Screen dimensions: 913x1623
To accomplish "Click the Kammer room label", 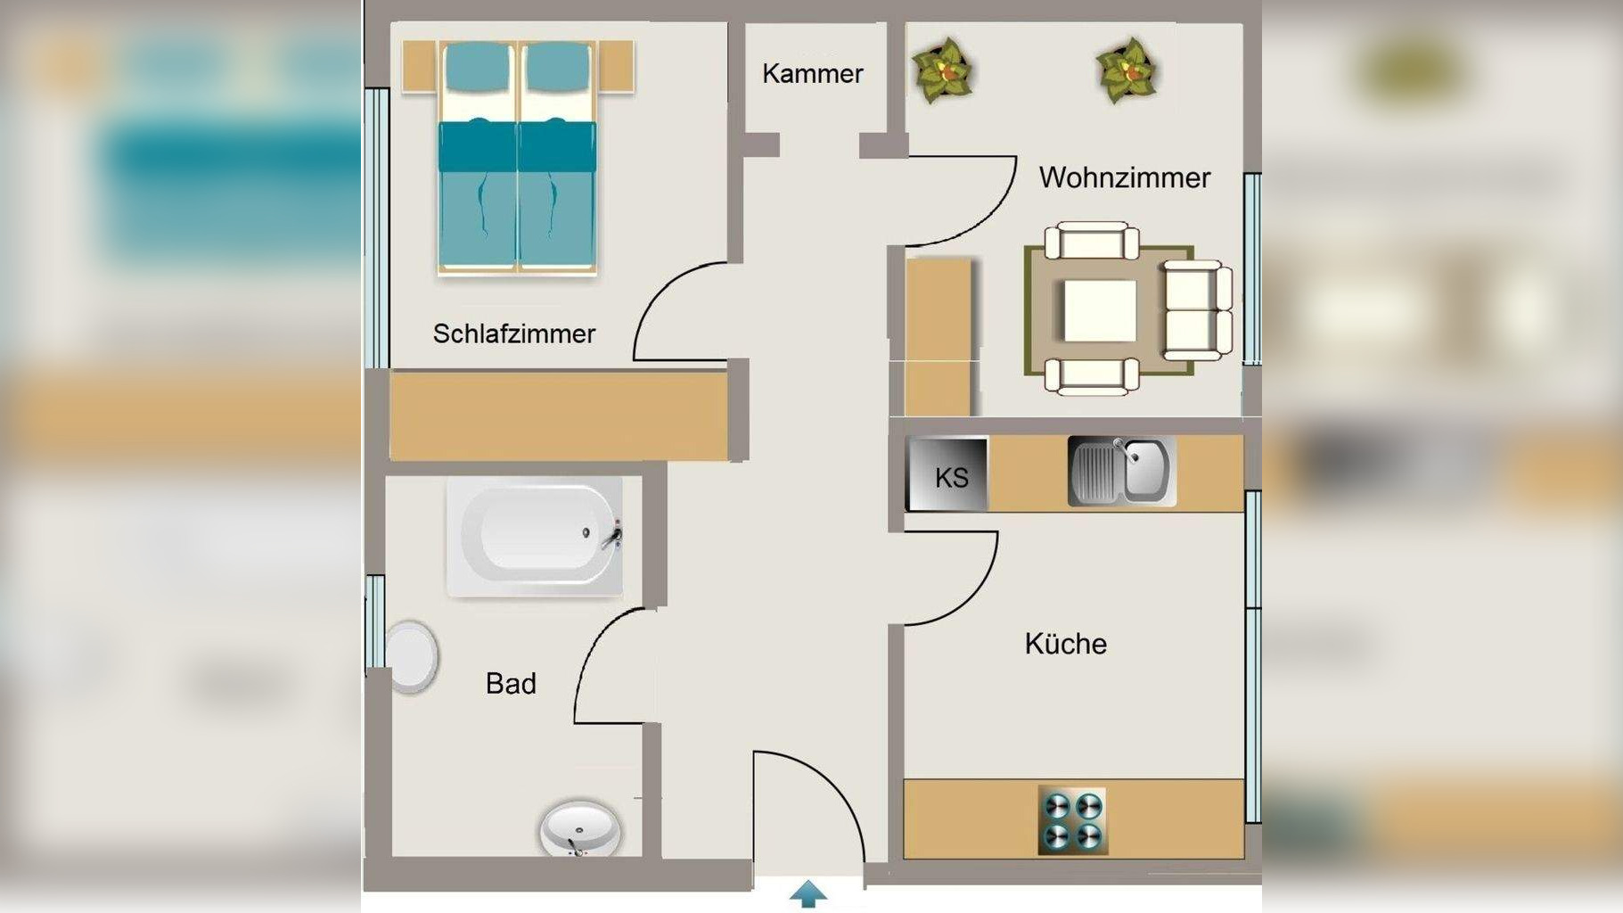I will click(812, 73).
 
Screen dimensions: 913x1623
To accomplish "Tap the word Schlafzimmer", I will click(513, 333).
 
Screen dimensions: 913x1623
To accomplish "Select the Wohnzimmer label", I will click(1124, 177).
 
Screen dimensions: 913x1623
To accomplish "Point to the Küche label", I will click(1065, 644).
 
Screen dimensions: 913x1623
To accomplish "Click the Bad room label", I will click(511, 684).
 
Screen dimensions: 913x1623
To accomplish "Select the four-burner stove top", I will click(1073, 820).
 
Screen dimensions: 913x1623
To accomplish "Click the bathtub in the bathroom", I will click(535, 536).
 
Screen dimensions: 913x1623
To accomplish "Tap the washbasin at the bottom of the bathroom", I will click(579, 828).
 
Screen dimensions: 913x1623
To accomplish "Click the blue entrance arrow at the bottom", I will click(807, 893).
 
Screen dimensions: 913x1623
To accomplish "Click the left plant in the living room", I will click(942, 70).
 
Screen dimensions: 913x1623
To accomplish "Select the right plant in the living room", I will click(1127, 70).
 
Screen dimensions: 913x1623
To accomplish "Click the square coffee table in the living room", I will click(1100, 310).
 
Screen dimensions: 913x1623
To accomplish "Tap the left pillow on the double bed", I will click(478, 67).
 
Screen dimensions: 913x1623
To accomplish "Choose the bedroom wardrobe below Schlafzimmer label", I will click(559, 416).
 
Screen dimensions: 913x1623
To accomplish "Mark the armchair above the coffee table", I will click(1092, 242).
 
